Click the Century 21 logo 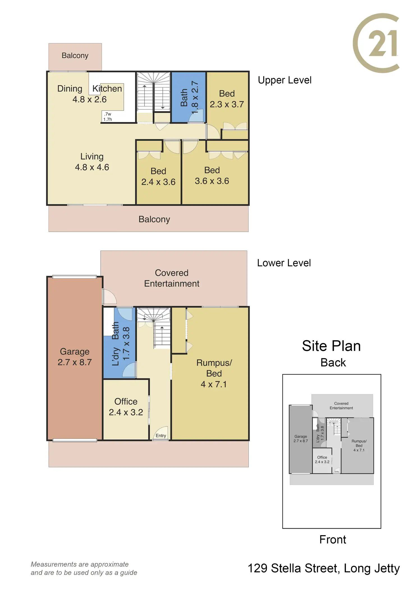pos(376,43)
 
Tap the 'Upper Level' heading pos(284,80)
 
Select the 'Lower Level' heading pos(284,263)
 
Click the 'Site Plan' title pos(331,346)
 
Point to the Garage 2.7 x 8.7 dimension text pos(75,362)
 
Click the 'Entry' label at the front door pos(161,436)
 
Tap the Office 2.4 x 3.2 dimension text pos(126,412)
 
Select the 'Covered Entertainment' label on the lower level pos(172,278)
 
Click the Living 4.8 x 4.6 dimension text pos(92,167)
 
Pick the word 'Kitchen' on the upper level pos(107,89)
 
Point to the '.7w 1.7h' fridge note pos(107,117)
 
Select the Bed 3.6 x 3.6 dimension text pos(212,181)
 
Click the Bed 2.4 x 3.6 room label pos(158,176)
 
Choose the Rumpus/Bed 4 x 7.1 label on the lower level pos(214,374)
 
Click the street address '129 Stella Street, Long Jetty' pos(323,569)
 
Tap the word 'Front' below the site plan pos(333,540)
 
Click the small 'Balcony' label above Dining pos(75,56)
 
